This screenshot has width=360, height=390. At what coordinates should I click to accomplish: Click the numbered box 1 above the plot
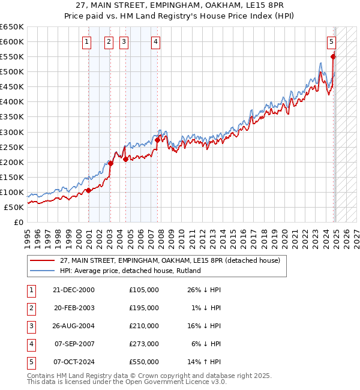[87, 41]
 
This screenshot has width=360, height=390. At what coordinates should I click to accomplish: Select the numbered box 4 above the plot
[155, 41]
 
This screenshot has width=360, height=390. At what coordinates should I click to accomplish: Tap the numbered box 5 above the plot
[332, 41]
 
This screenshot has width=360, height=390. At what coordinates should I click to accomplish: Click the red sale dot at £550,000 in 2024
[333, 56]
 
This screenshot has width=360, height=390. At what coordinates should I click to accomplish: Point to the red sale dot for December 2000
[89, 190]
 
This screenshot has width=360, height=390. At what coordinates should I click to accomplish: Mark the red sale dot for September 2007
[157, 140]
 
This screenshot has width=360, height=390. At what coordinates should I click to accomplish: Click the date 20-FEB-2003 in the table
[73, 308]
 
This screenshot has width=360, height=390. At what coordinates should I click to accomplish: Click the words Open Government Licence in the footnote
[175, 382]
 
